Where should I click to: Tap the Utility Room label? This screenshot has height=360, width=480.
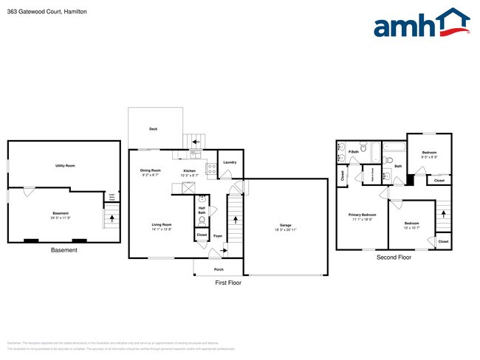click(65, 165)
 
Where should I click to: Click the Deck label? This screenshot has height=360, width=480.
click(153, 128)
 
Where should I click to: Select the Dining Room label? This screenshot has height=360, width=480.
click(151, 170)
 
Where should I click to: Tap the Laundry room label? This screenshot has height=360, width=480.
click(230, 162)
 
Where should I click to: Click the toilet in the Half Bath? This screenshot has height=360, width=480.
click(202, 199)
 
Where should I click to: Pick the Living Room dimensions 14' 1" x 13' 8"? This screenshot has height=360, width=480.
click(162, 229)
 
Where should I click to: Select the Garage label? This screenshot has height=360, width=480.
click(285, 225)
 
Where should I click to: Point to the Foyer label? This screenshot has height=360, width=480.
click(218, 236)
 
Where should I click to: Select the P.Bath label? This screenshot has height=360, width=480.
click(354, 152)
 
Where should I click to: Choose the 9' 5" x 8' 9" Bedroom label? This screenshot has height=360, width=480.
click(429, 155)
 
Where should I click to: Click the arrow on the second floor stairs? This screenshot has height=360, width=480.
click(443, 214)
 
